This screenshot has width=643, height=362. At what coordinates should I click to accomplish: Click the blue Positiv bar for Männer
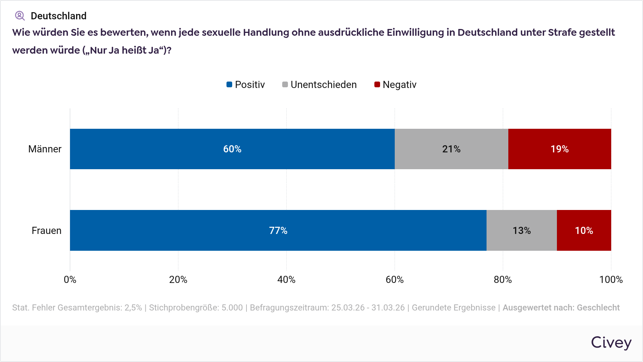pos(232,149)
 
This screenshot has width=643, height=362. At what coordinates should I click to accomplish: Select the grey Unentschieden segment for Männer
pos(451,149)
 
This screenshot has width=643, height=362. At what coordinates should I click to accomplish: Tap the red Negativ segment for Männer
pos(559,149)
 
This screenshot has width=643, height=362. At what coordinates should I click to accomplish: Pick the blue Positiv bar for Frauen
pos(278,230)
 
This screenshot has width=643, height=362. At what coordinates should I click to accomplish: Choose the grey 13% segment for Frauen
pos(522,230)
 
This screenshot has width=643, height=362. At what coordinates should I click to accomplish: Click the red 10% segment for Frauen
pos(584,230)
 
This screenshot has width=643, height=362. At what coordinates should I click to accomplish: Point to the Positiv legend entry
pos(246,85)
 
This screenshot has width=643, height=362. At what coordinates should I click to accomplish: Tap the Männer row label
pos(45,149)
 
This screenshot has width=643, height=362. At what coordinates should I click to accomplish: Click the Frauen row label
pos(46,231)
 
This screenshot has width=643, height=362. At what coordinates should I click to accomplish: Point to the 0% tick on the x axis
pos(70,280)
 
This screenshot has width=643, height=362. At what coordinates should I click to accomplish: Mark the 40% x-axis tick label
pos(286,280)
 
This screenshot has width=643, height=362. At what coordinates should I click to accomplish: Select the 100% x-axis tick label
pos(610,280)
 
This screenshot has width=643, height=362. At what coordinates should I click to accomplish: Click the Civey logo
pos(611,343)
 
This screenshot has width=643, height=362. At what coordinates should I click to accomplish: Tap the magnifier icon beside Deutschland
pos(20,16)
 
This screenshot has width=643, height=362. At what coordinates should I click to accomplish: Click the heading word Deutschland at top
pos(59,16)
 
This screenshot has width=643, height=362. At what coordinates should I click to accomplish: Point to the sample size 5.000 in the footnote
pos(232,308)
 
